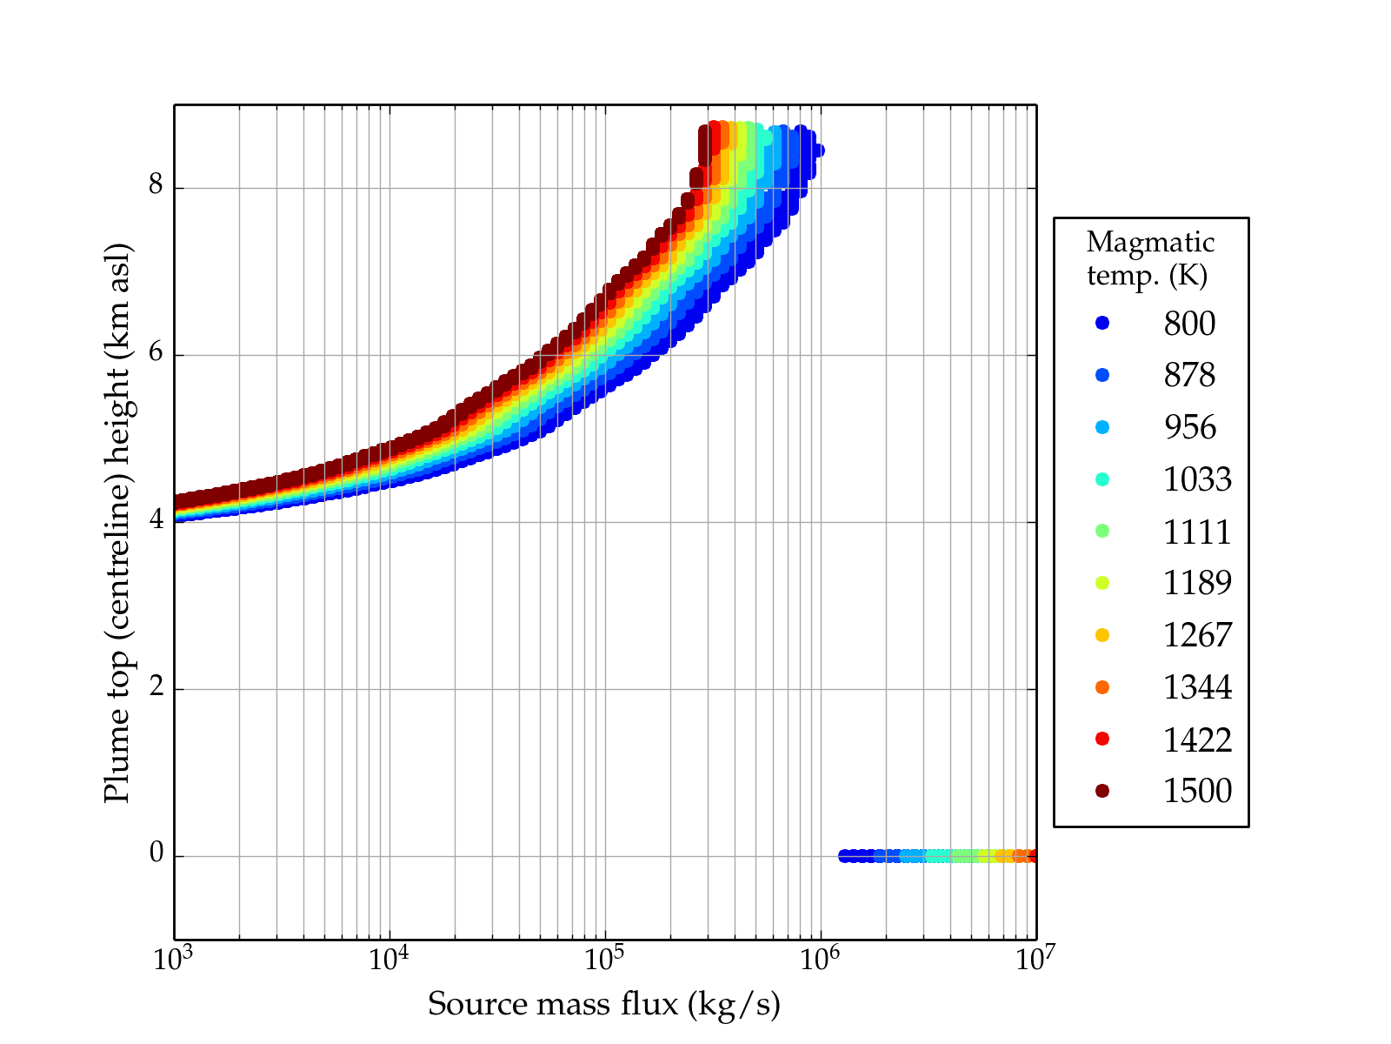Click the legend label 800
pyautogui.click(x=1189, y=324)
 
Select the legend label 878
pyautogui.click(x=1189, y=375)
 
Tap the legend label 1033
pyautogui.click(x=1197, y=479)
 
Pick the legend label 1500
pyautogui.click(x=1197, y=791)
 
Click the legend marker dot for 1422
pyautogui.click(x=1102, y=739)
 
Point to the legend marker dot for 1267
pyautogui.click(x=1102, y=635)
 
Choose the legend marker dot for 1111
pyautogui.click(x=1102, y=531)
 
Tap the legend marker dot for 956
pyautogui.click(x=1102, y=427)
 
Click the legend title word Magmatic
pyautogui.click(x=1150, y=243)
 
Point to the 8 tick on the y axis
pyautogui.click(x=156, y=185)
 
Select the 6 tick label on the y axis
pyautogui.click(x=156, y=353)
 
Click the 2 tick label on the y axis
pyautogui.click(x=156, y=687)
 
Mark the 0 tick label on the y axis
pyautogui.click(x=156, y=854)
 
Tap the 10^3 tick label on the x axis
pyautogui.click(x=174, y=960)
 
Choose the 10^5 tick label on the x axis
pyautogui.click(x=605, y=960)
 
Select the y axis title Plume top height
pyautogui.click(x=117, y=522)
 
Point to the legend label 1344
pyautogui.click(x=1197, y=687)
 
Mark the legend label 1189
pyautogui.click(x=1197, y=583)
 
